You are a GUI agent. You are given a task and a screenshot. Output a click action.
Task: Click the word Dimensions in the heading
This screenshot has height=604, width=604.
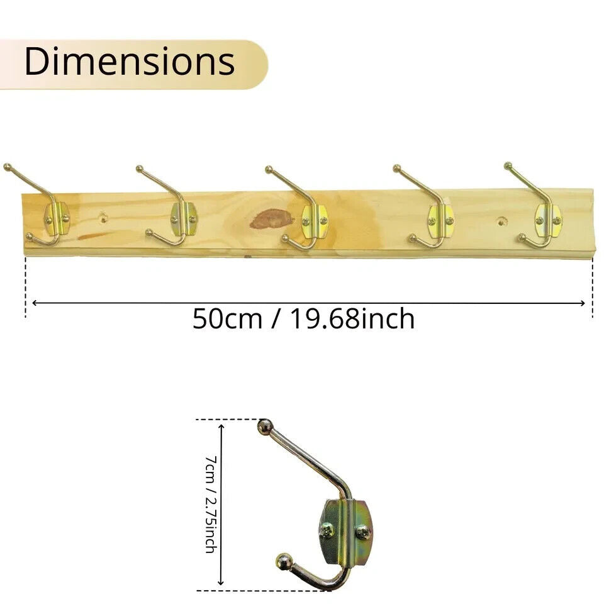coord(130,62)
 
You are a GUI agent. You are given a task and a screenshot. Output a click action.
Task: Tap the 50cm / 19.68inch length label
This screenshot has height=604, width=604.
coord(303,319)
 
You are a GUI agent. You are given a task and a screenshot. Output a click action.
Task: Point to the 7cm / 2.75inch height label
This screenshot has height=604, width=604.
coord(211,504)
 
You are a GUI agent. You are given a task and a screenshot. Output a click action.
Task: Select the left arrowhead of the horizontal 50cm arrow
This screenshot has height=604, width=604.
coord(35,303)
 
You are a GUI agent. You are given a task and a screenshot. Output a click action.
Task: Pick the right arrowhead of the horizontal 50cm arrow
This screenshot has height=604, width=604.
coord(582,303)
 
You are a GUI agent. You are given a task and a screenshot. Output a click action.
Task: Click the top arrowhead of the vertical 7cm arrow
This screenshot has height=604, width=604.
coord(221,427)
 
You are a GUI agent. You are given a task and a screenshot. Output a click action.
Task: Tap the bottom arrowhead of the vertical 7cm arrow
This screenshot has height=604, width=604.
coord(221,582)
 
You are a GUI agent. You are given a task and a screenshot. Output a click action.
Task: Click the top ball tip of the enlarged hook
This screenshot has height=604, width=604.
coord(265,426)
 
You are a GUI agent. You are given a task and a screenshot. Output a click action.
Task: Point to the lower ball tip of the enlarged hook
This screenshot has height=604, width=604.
coord(284,561)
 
